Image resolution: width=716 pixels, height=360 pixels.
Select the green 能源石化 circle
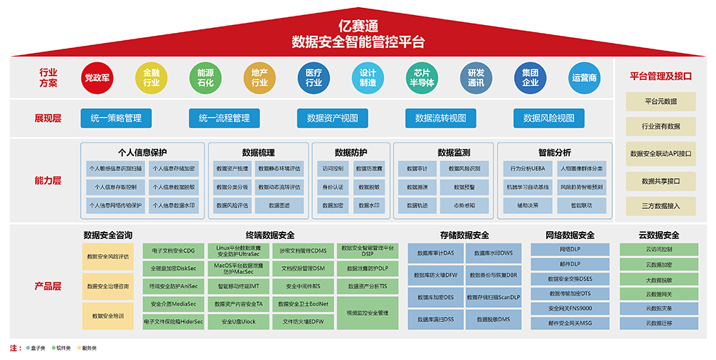tap(205, 78)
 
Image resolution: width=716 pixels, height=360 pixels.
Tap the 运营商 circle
tap(584, 78)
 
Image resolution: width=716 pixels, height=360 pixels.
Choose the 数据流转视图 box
tap(440, 118)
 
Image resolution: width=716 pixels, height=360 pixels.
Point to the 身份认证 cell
tap(333, 187)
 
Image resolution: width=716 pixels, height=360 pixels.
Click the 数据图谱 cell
tap(279, 205)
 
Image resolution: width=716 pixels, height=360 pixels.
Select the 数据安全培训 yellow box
tap(107, 316)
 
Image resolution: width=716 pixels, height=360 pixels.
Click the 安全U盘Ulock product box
tap(239, 322)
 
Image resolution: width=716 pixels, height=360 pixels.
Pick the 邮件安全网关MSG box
tap(570, 323)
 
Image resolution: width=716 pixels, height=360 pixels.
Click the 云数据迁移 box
tap(659, 323)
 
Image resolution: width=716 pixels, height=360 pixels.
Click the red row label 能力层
tap(49, 180)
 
